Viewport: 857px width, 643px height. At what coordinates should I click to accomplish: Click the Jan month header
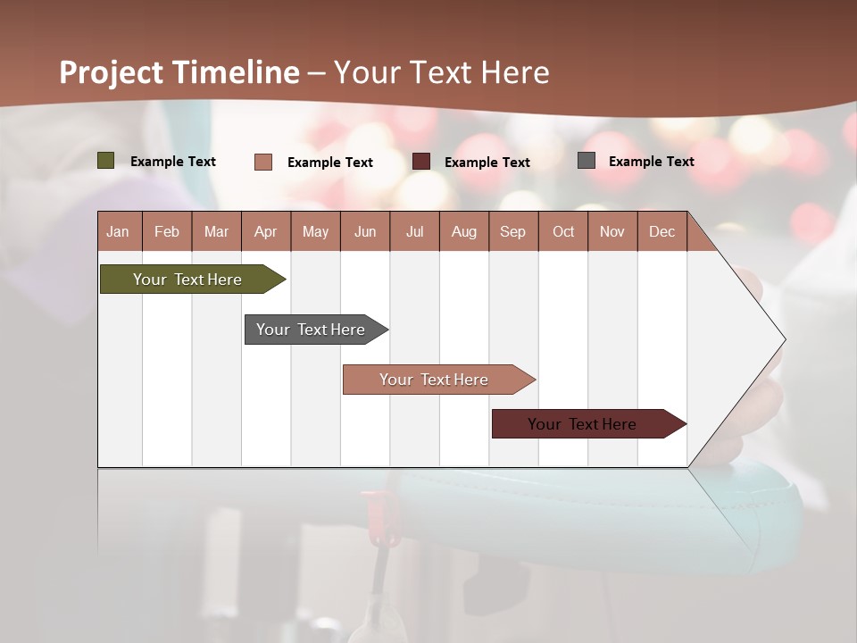tap(119, 231)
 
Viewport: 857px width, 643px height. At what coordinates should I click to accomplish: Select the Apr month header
tap(266, 231)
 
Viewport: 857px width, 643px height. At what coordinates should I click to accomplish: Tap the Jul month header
tap(414, 231)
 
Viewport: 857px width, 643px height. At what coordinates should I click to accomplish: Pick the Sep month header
tap(513, 231)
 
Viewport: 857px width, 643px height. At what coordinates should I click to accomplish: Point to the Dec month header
tap(661, 231)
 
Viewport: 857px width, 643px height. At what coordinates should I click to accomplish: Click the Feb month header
tap(167, 231)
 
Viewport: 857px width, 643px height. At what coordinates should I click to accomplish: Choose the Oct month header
tap(563, 231)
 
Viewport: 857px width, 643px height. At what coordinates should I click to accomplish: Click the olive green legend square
tap(106, 161)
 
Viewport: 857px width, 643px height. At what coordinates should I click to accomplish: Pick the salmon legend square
tap(263, 162)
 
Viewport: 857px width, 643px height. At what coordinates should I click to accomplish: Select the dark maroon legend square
tap(421, 162)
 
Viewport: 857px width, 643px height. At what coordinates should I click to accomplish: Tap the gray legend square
tap(587, 161)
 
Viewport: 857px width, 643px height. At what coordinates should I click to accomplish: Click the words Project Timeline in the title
tap(179, 72)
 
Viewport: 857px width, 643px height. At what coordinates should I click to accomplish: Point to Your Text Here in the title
tap(442, 72)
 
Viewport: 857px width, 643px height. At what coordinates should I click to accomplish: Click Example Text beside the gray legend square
tap(651, 161)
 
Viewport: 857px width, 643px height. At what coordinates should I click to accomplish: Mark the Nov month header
tap(612, 231)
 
